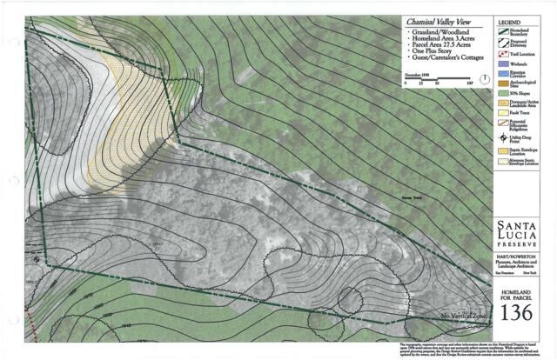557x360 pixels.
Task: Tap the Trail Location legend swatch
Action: coord(502,55)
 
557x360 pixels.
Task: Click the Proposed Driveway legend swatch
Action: coord(503,43)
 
